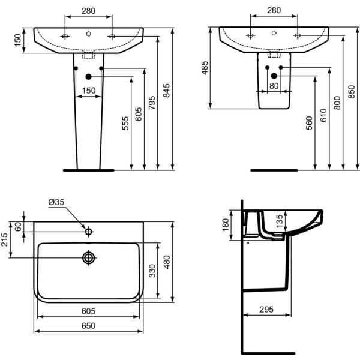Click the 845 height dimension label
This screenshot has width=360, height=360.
166,91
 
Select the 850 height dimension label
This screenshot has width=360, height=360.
351,92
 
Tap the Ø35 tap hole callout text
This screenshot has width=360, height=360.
56,202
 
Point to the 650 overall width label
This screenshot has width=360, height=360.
88,326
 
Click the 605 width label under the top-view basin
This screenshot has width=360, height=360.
88,311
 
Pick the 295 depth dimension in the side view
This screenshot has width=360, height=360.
266,310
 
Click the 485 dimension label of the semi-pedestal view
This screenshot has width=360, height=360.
205,68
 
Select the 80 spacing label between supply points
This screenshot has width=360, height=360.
274,86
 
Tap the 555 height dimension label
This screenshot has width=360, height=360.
125,123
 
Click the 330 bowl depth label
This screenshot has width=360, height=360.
152,271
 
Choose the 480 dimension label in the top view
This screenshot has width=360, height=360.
167,262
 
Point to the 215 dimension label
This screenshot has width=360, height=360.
4,239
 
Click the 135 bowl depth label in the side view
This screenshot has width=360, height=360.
280,221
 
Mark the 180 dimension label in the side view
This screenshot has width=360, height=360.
226,225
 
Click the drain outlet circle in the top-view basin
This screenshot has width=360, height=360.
89,258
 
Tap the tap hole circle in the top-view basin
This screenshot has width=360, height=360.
89,232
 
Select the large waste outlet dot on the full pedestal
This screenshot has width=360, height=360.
89,77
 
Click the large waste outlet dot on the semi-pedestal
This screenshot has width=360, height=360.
274,76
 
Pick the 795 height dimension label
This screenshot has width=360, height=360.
152,103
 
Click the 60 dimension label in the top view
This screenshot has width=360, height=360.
18,227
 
